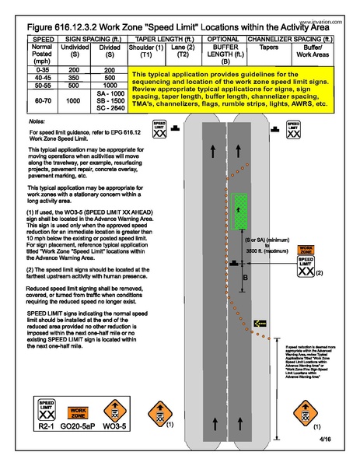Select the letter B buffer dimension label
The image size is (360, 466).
coord(246,275)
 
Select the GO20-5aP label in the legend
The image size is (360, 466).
coord(79,428)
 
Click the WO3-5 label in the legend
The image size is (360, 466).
coord(114,428)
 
